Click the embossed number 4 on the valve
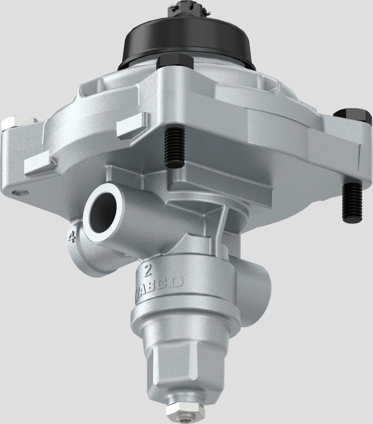point(71,237)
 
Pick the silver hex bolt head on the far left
point(19,122)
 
